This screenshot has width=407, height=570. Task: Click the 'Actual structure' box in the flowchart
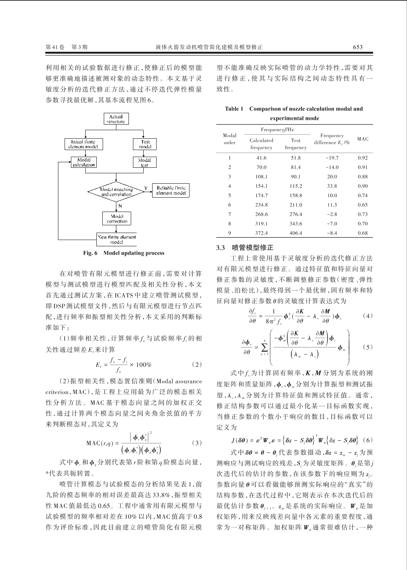116,119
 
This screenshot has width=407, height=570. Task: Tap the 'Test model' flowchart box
145,144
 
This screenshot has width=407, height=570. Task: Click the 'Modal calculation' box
84,162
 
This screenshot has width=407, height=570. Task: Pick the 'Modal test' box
145,162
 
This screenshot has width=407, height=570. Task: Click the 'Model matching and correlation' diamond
116,192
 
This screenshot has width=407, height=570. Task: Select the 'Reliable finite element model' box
170,190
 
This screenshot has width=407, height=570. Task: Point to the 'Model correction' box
117,219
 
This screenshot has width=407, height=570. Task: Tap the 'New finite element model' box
117,240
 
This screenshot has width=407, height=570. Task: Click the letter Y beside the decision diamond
146,188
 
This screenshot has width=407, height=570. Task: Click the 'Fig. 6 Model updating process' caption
124,253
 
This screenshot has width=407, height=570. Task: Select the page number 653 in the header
358,47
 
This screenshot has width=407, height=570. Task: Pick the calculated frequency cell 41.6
261,158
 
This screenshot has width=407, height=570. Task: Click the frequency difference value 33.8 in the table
332,186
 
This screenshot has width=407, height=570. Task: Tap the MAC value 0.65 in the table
363,205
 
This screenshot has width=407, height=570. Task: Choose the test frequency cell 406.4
295,233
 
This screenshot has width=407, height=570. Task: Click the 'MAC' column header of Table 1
363,139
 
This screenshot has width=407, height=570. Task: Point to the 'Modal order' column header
229,139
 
